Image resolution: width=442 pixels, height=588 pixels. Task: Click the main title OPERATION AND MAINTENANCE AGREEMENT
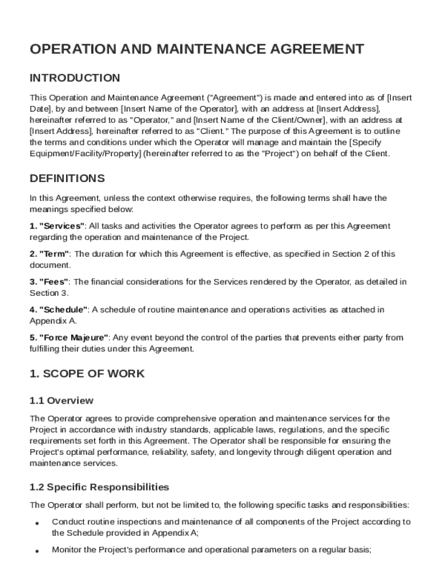[196, 49]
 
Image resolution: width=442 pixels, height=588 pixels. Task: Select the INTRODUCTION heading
[75, 78]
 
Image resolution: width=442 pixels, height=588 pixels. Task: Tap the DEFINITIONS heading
[67, 179]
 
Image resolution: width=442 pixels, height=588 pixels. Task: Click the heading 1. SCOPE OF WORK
[87, 374]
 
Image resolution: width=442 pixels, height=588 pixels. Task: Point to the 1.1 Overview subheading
[61, 400]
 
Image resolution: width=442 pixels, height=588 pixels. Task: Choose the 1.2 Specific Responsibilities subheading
[99, 487]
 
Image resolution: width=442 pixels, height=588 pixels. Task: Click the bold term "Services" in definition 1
[62, 226]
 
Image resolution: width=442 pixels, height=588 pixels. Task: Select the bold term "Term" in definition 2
[54, 254]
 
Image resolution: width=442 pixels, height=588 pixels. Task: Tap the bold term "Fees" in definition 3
[54, 281]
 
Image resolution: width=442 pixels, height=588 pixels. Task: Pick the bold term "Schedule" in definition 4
[63, 310]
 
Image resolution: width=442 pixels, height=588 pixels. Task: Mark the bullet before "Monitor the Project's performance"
[37, 551]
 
